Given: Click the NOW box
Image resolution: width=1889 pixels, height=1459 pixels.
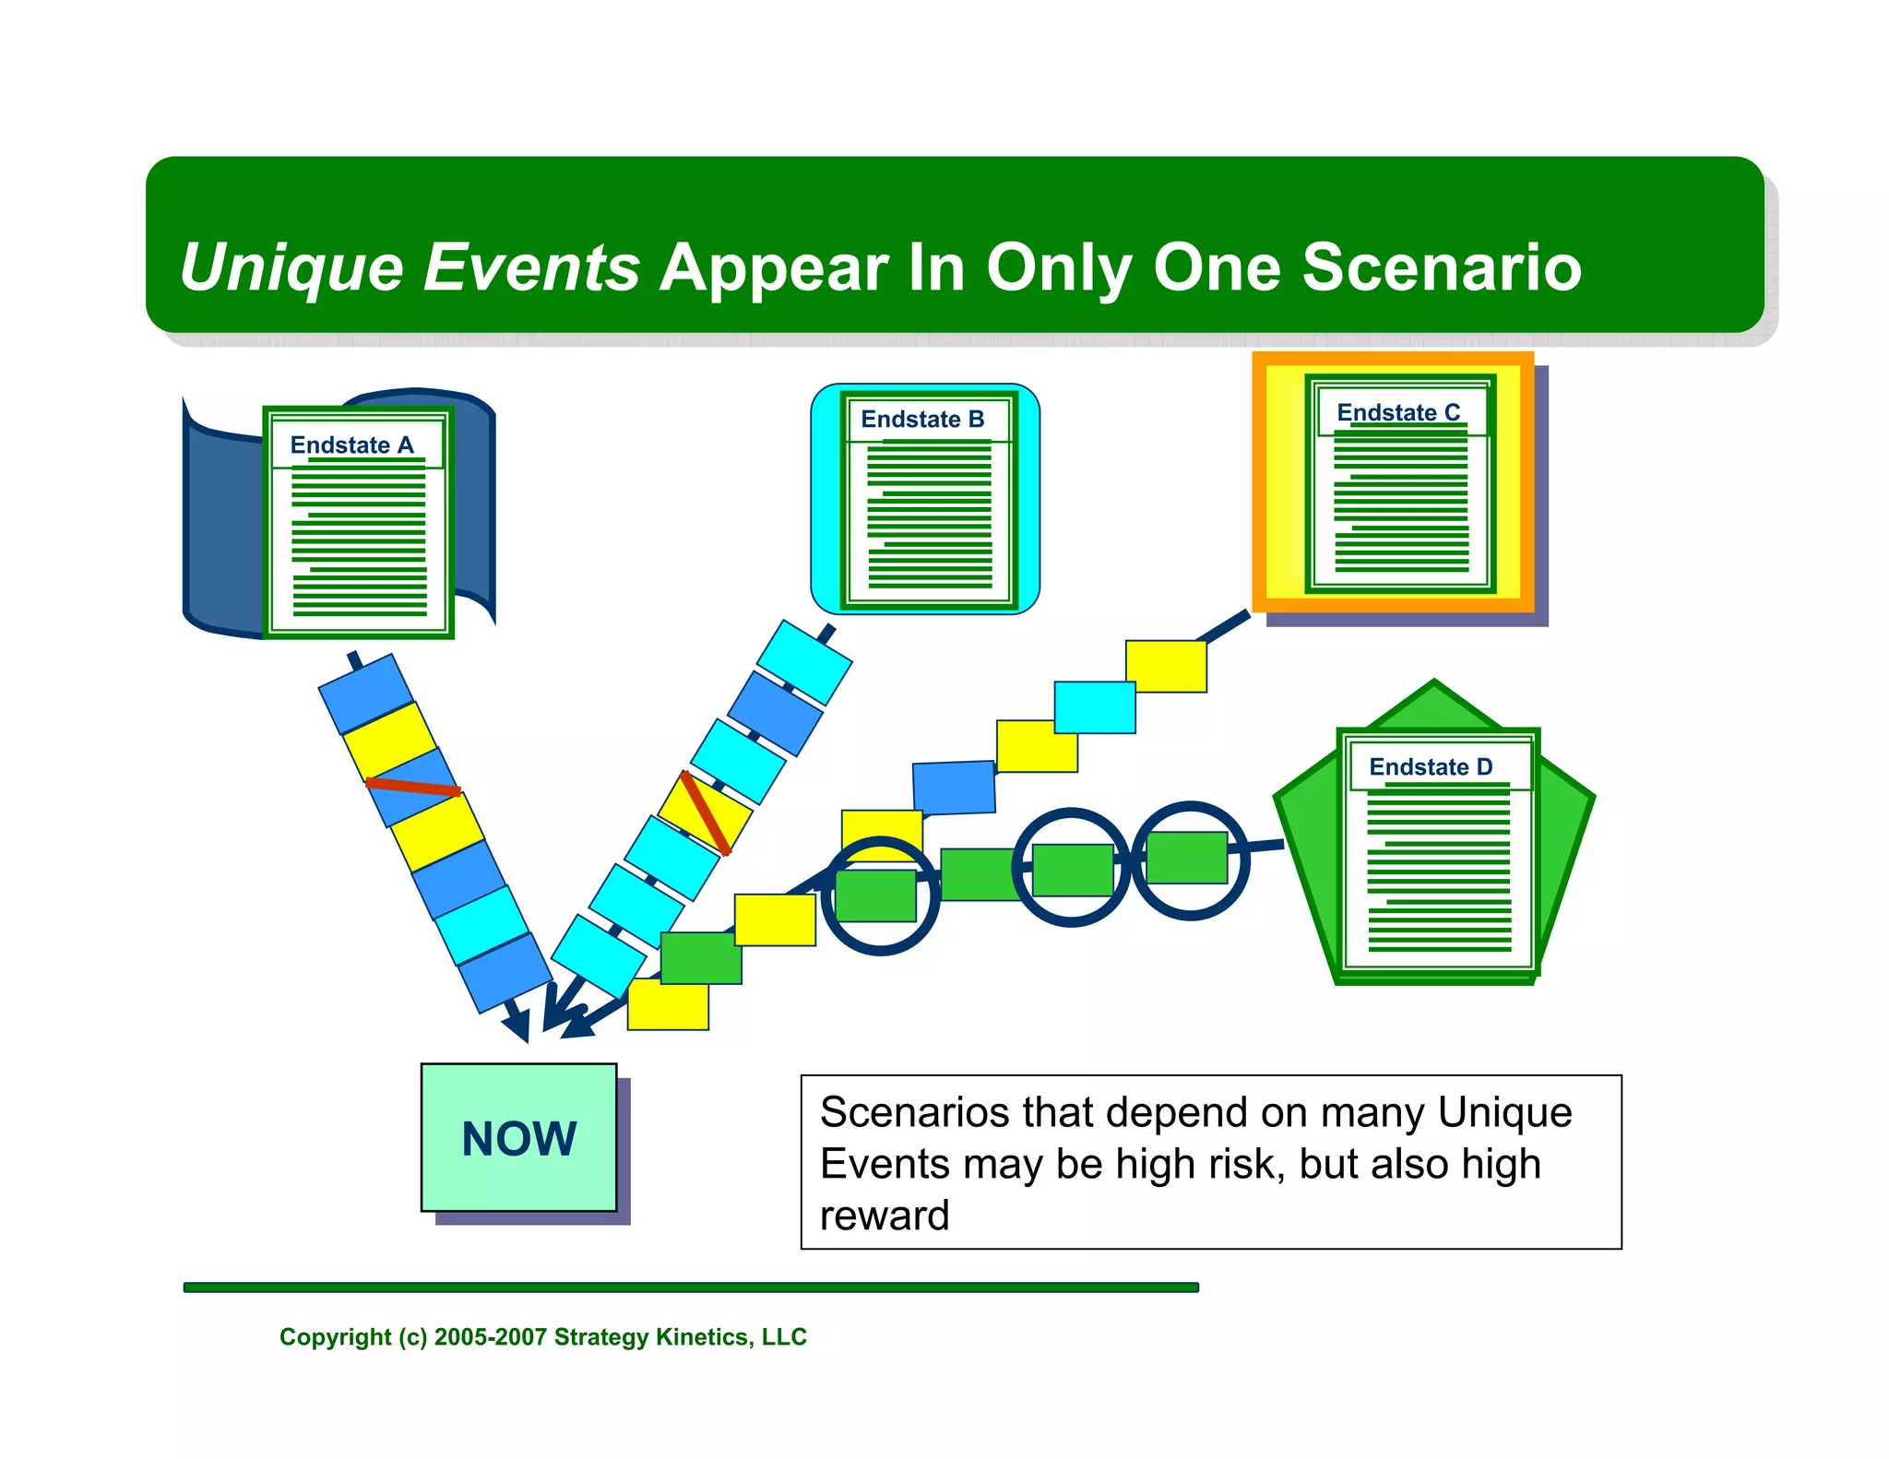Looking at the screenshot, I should tap(518, 1137).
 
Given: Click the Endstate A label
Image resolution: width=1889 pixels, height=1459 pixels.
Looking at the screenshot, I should tap(351, 445).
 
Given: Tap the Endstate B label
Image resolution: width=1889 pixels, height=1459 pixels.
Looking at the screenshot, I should tap(922, 420).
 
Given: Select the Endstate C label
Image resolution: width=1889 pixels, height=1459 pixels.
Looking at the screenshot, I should tap(1398, 412).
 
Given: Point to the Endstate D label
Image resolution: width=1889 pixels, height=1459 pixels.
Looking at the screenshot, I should tap(1431, 766).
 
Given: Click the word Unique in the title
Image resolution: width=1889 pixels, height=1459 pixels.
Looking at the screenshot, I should tap(291, 267).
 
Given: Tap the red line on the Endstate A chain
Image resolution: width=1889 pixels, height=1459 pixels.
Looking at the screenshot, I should tap(412, 787).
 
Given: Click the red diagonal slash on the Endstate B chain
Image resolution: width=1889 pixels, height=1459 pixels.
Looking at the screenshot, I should tap(706, 813).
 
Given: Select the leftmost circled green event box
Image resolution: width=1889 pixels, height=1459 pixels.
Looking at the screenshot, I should tap(875, 895).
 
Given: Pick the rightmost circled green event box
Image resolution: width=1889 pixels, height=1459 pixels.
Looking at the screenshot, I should tap(1187, 857).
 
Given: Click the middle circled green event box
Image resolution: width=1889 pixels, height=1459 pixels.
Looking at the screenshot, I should tap(1072, 869).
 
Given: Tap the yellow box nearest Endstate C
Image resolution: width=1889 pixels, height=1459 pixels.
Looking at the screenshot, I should tap(1166, 666).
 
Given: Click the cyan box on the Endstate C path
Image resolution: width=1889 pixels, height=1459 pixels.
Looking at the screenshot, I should tap(1095, 707).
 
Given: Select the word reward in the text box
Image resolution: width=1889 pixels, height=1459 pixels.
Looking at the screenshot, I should tap(885, 1216).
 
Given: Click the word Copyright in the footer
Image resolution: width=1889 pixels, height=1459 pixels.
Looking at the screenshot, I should tap(335, 1337).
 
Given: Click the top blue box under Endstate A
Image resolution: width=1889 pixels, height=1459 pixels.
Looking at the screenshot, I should tap(366, 693).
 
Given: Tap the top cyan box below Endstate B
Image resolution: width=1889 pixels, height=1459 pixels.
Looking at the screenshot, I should tap(803, 661).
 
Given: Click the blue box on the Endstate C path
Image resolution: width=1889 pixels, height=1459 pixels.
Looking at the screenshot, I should tap(954, 788).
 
